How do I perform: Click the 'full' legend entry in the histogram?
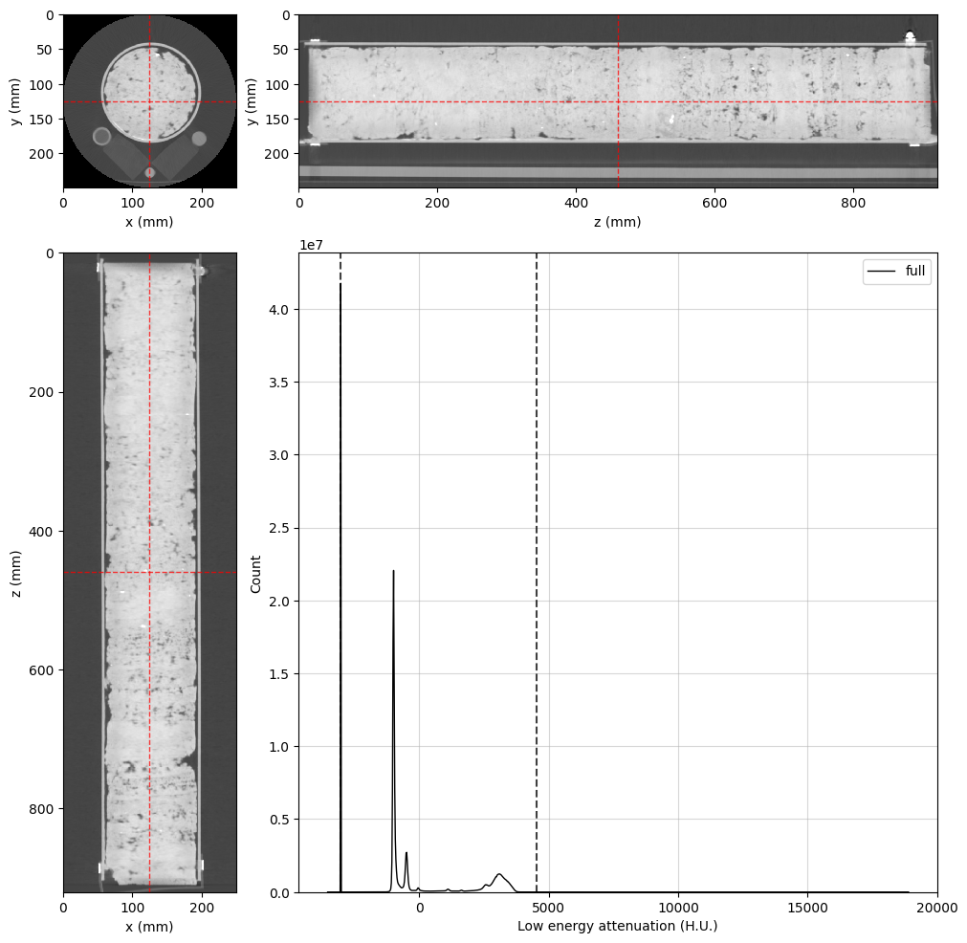pyautogui.click(x=915, y=271)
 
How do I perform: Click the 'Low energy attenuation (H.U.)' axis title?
pyautogui.click(x=617, y=926)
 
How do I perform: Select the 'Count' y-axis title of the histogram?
pyautogui.click(x=255, y=574)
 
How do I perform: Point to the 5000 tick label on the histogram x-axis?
pyautogui.click(x=548, y=908)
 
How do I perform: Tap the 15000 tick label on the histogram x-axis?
pyautogui.click(x=807, y=908)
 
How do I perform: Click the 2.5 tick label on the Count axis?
pyautogui.click(x=279, y=528)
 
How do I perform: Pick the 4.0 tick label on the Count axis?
pyautogui.click(x=279, y=310)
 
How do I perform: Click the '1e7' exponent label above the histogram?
pyautogui.click(x=311, y=245)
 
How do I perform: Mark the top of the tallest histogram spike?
pyautogui.click(x=341, y=284)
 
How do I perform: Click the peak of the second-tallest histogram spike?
pyautogui.click(x=393, y=571)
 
